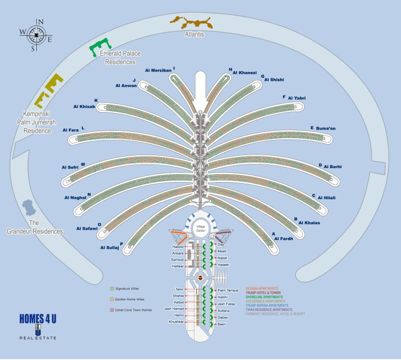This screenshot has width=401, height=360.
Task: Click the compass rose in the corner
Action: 35,35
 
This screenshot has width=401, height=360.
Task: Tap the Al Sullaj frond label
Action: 109,248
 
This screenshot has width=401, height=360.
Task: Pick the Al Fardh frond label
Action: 284,239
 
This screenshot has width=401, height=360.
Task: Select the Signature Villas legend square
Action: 112,288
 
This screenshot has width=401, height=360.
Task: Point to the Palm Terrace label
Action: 228,290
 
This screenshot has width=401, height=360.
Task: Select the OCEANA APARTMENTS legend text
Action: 262,288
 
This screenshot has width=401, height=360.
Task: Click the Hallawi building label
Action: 177,266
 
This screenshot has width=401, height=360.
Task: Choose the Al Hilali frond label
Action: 327,197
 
